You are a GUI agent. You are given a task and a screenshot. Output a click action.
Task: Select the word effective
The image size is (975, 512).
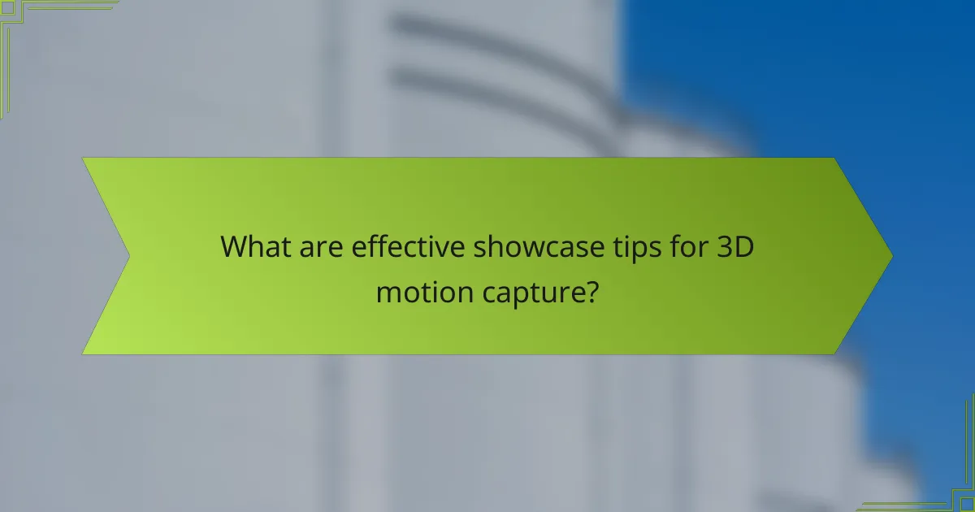coord(408,245)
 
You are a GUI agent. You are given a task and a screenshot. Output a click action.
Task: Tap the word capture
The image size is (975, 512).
coord(540,291)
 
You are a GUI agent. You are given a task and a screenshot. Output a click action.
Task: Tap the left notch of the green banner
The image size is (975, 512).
coord(128,256)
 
